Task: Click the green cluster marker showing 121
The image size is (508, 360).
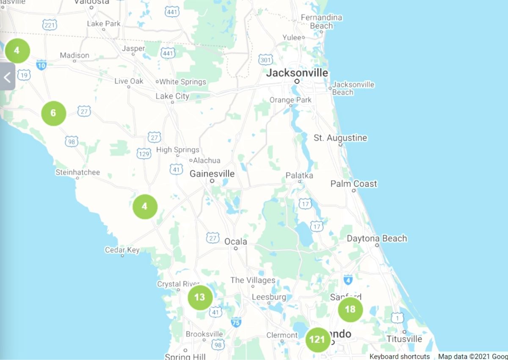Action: (317, 340)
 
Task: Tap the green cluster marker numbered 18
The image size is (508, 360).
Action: (350, 310)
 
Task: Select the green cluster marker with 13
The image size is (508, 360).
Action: (200, 297)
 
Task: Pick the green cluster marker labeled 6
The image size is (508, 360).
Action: (53, 113)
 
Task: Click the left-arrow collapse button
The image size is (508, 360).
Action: (7, 77)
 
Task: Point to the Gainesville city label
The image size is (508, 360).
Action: (212, 174)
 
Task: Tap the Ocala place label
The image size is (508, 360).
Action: (235, 241)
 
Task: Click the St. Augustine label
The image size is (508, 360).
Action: (340, 138)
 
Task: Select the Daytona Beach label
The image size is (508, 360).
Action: (377, 238)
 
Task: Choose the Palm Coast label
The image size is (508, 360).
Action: (353, 184)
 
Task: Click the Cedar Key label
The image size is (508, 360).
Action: (122, 250)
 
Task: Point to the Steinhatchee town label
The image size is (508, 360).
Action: (78, 172)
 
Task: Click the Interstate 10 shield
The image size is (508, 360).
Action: (41, 65)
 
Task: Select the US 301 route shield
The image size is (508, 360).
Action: (265, 60)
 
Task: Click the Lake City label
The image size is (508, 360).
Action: (172, 96)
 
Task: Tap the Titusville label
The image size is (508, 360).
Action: (404, 339)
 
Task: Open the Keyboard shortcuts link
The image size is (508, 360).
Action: (399, 356)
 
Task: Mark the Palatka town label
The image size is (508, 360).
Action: (299, 175)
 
